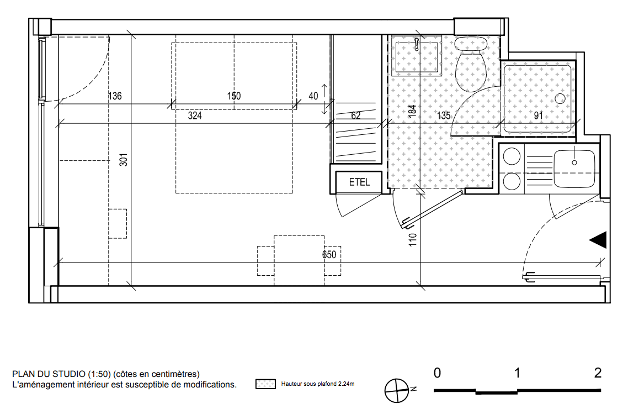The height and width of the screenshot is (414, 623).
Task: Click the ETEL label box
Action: pos(359,182)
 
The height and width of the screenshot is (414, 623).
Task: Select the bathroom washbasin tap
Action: pos(417,44)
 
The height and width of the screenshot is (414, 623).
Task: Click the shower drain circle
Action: pos(560,99)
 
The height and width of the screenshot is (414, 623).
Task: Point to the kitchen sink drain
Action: pos(574,163)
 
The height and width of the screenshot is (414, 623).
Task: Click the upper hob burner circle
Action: pos(512,156)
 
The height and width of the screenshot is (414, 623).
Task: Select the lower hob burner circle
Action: pos(512,182)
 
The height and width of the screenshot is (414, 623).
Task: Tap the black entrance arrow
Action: pos(598,240)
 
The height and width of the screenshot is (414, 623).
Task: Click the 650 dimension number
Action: pos(329,254)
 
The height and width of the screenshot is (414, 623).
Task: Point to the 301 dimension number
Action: pos(124,160)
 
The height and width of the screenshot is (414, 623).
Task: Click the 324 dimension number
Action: pos(195,116)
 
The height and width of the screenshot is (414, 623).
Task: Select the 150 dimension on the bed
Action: pos(234,96)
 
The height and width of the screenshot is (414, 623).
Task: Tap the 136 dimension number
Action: pos(115,96)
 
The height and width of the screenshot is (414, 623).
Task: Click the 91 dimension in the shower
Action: pos(538,116)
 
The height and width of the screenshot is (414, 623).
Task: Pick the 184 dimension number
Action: pos(412,110)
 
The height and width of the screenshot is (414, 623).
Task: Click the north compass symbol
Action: pos(397,390)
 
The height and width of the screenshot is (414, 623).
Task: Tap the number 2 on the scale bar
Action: pos(598,373)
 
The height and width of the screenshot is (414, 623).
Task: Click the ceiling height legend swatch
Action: pos(265,384)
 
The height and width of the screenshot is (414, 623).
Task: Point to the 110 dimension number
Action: pos(412,240)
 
